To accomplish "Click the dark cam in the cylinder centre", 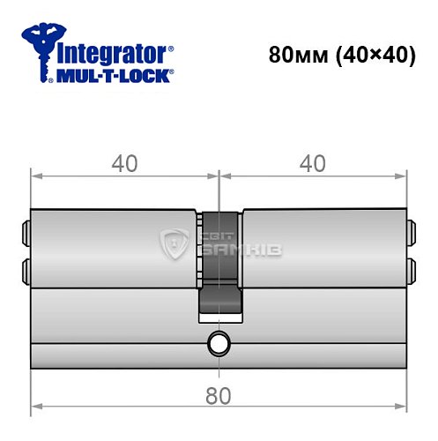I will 219,265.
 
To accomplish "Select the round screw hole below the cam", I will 219,344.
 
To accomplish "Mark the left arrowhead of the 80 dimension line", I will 35,408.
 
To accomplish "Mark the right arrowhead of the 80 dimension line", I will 405,408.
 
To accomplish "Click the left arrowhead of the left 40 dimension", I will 35,175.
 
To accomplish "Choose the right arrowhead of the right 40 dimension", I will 405,175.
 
